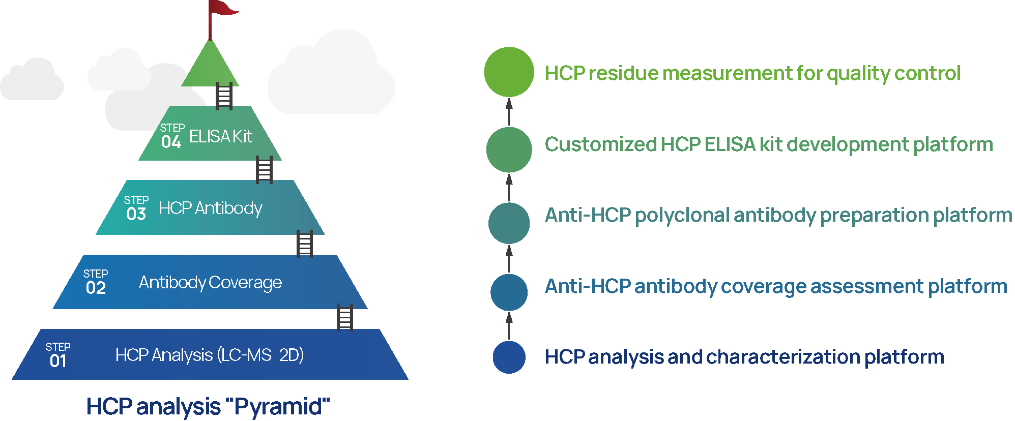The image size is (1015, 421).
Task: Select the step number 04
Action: click(171, 142)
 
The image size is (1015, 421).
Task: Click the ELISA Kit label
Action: click(221, 136)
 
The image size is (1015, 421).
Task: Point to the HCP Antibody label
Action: click(210, 208)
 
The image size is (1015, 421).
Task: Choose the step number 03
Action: click(136, 214)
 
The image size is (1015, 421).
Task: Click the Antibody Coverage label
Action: click(210, 282)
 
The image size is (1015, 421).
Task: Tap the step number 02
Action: click(96, 288)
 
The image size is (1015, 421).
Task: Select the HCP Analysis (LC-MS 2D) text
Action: click(209, 355)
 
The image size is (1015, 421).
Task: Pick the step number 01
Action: click(58, 361)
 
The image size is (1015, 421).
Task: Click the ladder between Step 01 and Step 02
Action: click(344, 317)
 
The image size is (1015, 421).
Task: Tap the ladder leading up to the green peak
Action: click(224, 96)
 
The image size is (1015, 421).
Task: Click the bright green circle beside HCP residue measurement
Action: click(509, 72)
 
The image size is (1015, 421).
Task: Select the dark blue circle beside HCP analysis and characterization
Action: click(509, 357)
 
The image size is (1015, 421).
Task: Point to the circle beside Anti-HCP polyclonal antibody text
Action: click(509, 223)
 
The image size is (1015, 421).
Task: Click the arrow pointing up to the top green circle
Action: click(509, 111)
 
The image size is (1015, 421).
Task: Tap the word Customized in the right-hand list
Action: click(600, 144)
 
